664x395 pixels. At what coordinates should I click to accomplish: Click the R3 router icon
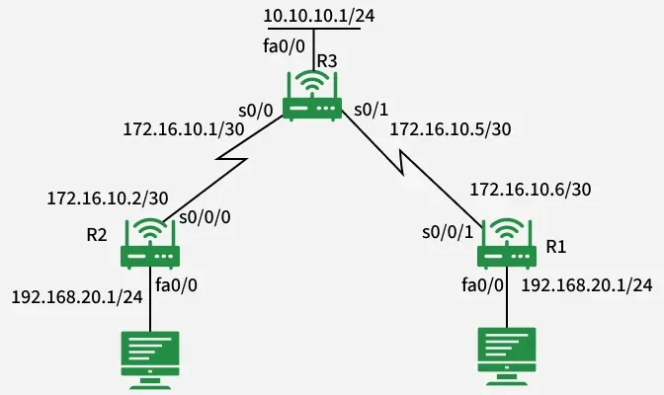[x=312, y=96]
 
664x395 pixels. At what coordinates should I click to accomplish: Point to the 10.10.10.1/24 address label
[x=311, y=16]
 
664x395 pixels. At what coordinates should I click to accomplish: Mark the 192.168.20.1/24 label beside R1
[x=586, y=284]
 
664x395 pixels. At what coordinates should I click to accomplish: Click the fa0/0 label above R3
[x=283, y=46]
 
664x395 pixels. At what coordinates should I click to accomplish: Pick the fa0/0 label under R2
[x=177, y=284]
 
